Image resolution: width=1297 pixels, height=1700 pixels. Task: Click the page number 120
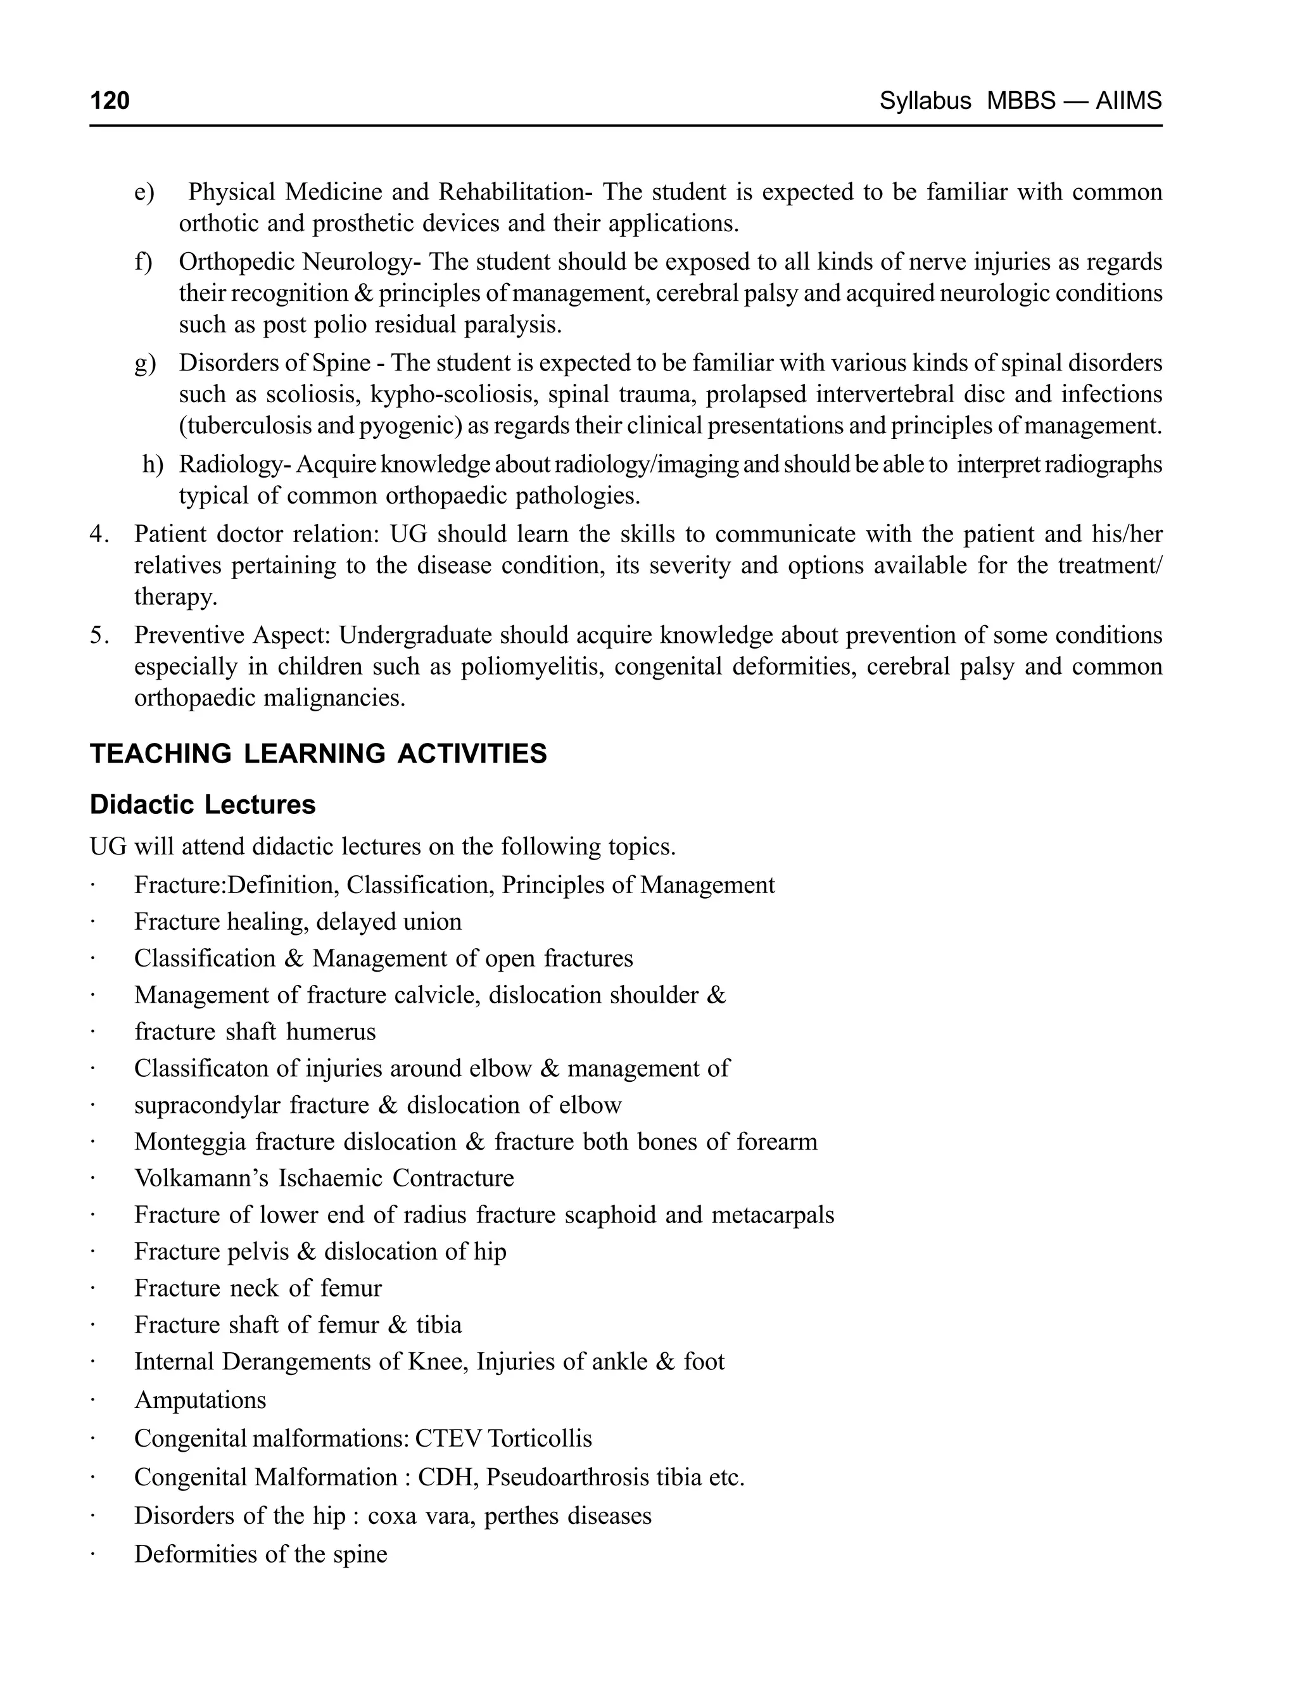(110, 100)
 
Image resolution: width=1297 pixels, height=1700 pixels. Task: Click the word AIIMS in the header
(1128, 100)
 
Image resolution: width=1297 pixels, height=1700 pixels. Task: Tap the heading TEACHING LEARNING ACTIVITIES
(318, 754)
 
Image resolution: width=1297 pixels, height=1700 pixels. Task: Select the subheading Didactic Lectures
(202, 804)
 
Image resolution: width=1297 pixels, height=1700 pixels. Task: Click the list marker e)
(144, 193)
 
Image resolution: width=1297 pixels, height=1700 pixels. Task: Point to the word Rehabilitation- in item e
(516, 193)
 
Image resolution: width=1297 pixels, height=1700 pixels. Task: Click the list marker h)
(153, 464)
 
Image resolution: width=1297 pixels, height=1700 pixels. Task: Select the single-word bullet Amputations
(200, 1400)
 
